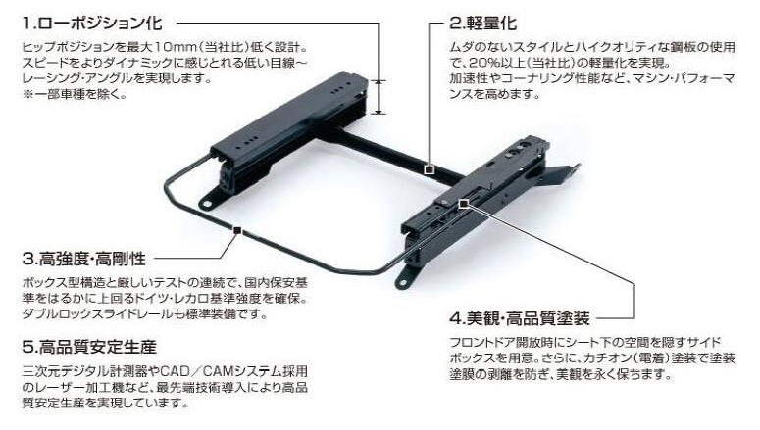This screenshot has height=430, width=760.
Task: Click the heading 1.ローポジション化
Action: tap(92, 23)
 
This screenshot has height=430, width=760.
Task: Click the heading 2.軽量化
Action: tap(482, 23)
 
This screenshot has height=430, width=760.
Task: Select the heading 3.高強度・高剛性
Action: tap(84, 259)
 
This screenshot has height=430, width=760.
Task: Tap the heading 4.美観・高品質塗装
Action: tap(520, 318)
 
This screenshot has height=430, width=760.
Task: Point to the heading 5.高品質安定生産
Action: tap(89, 347)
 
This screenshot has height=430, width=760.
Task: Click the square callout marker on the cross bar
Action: tap(429, 169)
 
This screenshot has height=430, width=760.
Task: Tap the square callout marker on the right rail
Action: tap(464, 204)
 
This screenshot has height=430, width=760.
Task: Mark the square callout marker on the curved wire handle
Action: tap(237, 230)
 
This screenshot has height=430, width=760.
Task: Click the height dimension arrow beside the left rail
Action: tap(380, 97)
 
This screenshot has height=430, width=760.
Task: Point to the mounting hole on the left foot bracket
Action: tap(207, 204)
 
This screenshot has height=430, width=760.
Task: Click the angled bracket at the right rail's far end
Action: tap(561, 174)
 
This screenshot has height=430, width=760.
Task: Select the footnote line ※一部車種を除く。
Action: tap(75, 94)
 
